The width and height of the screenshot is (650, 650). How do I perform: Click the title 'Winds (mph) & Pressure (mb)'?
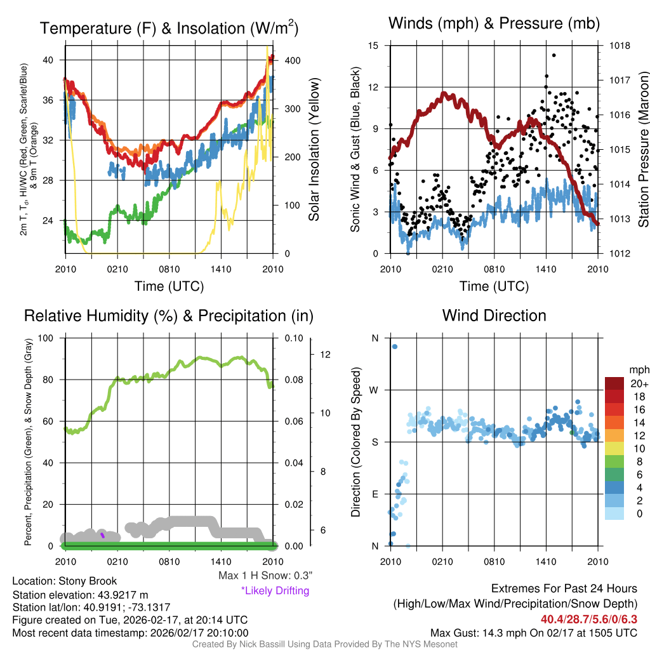[x=494, y=23]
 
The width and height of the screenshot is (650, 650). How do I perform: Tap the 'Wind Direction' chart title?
[x=494, y=315]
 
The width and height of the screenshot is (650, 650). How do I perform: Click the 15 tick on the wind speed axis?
[x=373, y=46]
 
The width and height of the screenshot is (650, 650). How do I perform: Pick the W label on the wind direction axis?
[x=375, y=390]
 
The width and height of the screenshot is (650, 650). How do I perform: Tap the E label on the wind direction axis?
[x=375, y=494]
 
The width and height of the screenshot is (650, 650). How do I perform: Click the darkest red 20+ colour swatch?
[x=615, y=384]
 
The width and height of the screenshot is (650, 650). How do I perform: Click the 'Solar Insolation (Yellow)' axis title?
[x=314, y=150]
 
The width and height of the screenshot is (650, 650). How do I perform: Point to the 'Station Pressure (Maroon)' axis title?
[x=642, y=150]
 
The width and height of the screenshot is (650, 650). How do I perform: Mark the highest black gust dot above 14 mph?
[x=554, y=55]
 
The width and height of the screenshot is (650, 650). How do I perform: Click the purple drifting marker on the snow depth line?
[x=102, y=536]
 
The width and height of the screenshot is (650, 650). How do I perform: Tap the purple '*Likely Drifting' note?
[x=275, y=590]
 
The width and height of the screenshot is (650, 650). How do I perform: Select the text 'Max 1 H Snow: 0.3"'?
[x=265, y=576]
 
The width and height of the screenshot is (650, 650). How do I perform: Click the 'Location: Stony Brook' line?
[x=65, y=581]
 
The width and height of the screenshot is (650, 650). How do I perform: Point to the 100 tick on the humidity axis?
[x=49, y=338]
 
